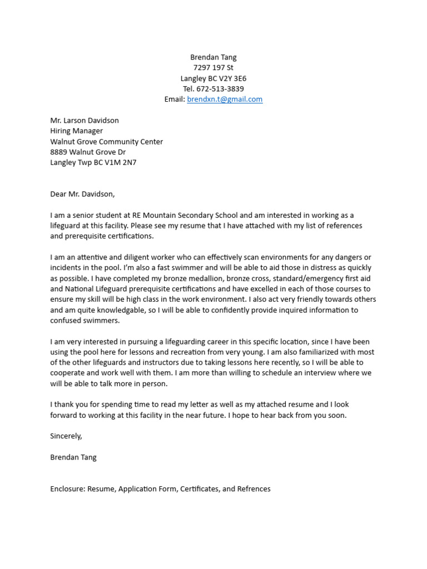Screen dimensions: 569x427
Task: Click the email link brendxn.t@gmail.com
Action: tap(225, 99)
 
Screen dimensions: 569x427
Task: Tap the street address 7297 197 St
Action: tap(213, 68)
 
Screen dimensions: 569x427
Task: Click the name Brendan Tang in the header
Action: tap(213, 57)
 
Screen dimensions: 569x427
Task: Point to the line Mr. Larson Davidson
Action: tap(85, 120)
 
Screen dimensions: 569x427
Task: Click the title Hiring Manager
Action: tap(76, 131)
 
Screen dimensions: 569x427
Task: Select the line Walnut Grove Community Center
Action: tap(106, 142)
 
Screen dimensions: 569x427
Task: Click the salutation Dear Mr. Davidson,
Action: tap(82, 194)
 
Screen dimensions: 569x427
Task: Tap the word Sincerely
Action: tap(65, 436)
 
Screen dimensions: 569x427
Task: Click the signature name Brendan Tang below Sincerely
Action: tap(73, 457)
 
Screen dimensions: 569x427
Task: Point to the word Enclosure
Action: tap(67, 489)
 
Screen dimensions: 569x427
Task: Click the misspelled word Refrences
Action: tap(254, 489)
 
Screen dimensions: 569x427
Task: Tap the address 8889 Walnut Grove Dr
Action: tap(88, 152)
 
